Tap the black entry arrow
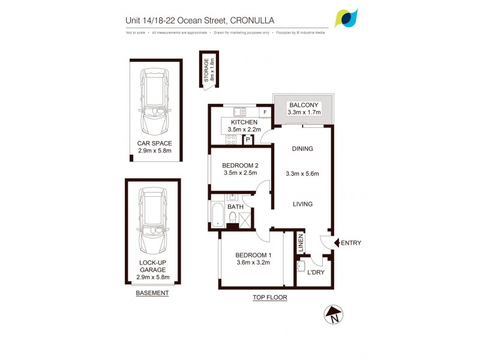click(x=336, y=243)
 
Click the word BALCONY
click(x=304, y=104)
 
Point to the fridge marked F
click(x=265, y=112)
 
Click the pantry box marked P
click(x=248, y=140)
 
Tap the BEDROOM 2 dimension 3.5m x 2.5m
click(x=239, y=173)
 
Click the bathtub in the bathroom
click(x=217, y=214)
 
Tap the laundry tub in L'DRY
click(x=303, y=264)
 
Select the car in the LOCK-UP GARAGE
click(x=152, y=221)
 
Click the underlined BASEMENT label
click(x=152, y=293)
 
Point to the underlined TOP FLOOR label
click(x=271, y=298)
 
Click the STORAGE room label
click(x=206, y=70)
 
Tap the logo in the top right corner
click(x=347, y=19)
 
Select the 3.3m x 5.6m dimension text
click(x=302, y=174)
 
